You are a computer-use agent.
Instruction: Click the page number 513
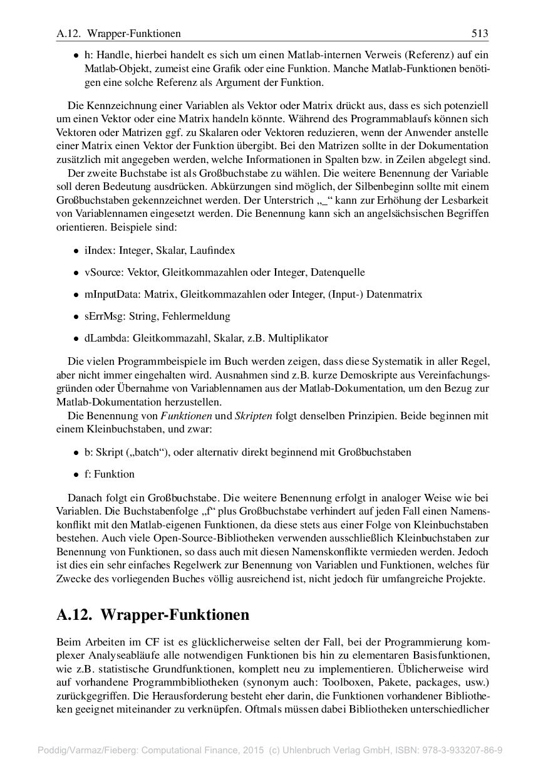coord(479,33)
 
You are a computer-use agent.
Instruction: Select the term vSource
coord(102,272)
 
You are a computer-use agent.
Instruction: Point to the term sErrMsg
coord(103,316)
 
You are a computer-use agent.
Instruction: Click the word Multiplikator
coord(297,338)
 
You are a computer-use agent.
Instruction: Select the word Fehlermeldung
coord(200,316)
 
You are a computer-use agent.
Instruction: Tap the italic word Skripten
coord(253,416)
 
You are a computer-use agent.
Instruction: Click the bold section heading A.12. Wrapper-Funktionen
coord(153,615)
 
